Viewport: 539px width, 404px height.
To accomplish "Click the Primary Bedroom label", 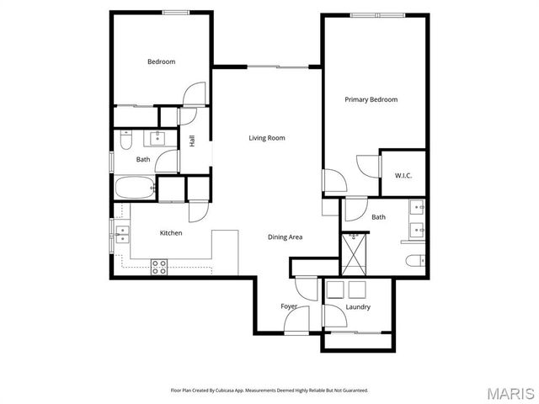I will (371, 99).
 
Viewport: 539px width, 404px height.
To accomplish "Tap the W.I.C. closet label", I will (403, 175).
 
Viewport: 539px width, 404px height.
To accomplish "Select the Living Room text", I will (266, 138).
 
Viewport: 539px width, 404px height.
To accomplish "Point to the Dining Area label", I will (285, 237).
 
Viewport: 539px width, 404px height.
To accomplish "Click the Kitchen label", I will (172, 233).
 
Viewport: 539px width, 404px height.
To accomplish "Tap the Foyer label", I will (288, 306).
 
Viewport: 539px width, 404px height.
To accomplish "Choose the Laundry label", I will (358, 307).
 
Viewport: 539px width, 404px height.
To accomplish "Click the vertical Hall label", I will (192, 141).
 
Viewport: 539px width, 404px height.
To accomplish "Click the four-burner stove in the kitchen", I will (158, 267).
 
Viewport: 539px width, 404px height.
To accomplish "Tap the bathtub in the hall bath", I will (135, 188).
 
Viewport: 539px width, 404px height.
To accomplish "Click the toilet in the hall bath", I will (126, 138).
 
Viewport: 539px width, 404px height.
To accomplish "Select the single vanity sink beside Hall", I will (157, 138).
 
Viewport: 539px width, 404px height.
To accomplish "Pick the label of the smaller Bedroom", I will (161, 61).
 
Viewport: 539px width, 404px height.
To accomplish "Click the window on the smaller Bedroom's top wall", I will (175, 13).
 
